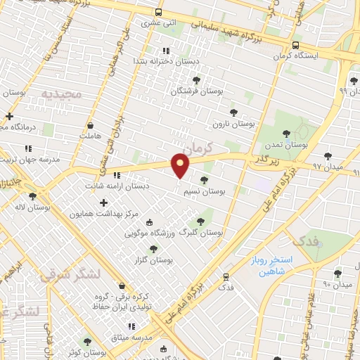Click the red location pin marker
181,166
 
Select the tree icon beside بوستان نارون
233,111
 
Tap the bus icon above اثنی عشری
160,12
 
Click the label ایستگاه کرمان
295,55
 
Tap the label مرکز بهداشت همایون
100,213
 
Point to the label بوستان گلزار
157,259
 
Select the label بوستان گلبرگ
201,231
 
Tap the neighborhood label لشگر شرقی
71,274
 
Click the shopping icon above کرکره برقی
124,286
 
